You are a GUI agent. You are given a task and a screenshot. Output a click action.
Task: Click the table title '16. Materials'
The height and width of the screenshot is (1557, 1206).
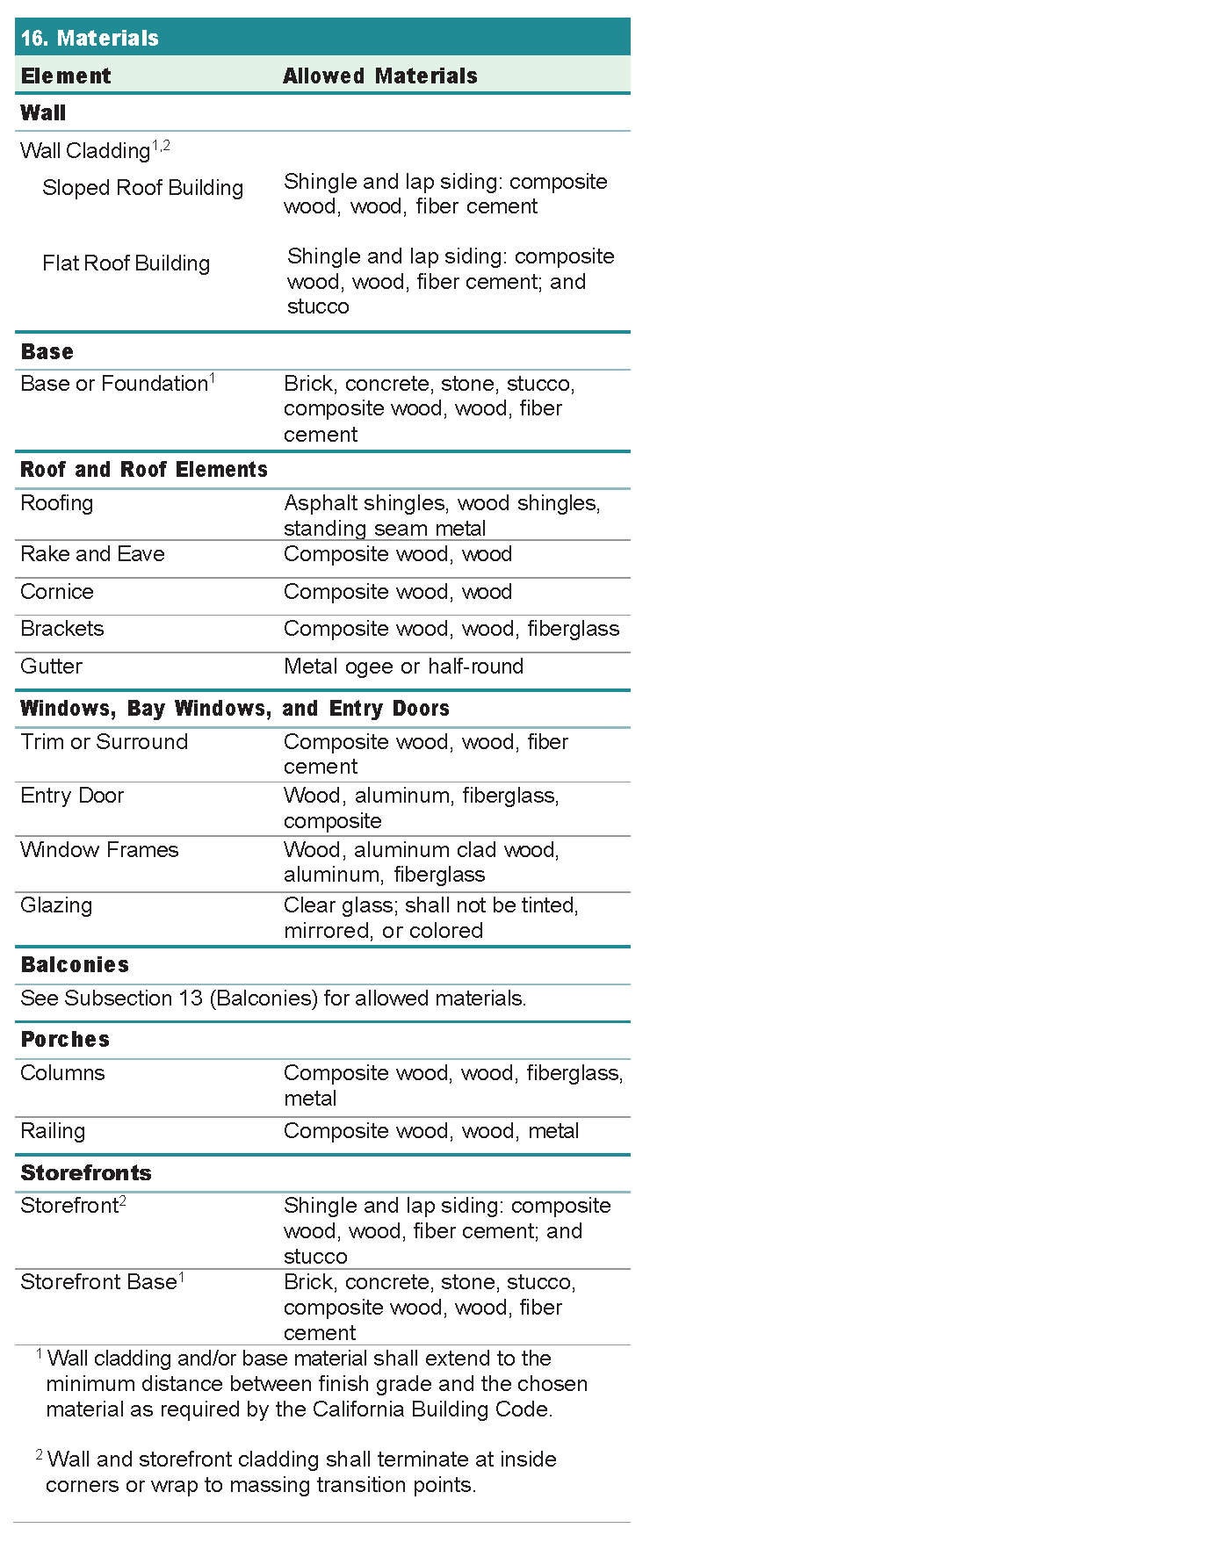pyautogui.click(x=90, y=38)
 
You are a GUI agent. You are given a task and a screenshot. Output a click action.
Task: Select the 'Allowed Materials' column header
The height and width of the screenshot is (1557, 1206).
pyautogui.click(x=379, y=76)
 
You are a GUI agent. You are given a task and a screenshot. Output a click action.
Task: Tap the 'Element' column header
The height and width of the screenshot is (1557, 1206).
pyautogui.click(x=66, y=76)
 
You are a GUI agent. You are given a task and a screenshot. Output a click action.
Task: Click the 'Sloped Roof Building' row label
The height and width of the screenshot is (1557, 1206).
pyautogui.click(x=142, y=188)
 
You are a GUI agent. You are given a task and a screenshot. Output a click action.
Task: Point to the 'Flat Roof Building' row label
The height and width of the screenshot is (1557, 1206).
pyautogui.click(x=126, y=263)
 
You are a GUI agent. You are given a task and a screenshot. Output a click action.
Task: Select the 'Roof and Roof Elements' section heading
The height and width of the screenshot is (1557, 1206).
pyautogui.click(x=143, y=470)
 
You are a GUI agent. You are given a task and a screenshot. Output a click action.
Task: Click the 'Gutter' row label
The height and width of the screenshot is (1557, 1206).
pyautogui.click(x=51, y=667)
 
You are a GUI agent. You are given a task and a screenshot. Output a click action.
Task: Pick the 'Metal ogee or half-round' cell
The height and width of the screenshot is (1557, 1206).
pyautogui.click(x=403, y=667)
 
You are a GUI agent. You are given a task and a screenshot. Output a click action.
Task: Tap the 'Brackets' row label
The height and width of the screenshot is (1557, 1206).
pyautogui.click(x=61, y=629)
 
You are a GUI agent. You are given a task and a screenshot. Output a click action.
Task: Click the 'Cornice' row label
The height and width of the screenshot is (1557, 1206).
pyautogui.click(x=56, y=592)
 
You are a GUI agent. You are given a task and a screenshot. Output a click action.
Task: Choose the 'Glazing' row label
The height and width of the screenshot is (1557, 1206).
pyautogui.click(x=56, y=905)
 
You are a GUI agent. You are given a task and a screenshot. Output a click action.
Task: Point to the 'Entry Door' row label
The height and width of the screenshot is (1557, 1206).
pyautogui.click(x=72, y=796)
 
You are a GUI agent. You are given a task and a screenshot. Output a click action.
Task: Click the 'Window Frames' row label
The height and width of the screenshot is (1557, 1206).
pyautogui.click(x=99, y=850)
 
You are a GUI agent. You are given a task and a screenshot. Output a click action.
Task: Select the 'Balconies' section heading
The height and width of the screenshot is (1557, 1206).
pyautogui.click(x=75, y=965)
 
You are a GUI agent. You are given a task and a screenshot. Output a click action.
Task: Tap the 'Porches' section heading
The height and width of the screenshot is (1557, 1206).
pyautogui.click(x=65, y=1040)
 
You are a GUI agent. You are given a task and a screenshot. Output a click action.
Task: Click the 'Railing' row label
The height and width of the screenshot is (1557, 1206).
pyautogui.click(x=53, y=1131)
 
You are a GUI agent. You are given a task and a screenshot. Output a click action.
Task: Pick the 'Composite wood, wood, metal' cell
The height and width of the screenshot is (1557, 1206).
pyautogui.click(x=430, y=1131)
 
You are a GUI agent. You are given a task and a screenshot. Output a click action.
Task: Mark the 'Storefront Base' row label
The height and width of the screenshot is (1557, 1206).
pyautogui.click(x=98, y=1282)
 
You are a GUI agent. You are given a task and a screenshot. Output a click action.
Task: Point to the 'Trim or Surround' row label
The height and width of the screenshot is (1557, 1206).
pyautogui.click(x=104, y=742)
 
